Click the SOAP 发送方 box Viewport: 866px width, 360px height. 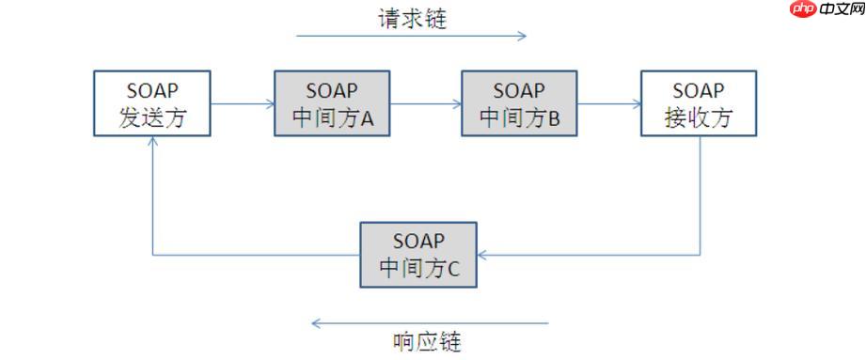pos(151,103)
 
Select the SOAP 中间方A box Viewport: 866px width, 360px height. pos(332,103)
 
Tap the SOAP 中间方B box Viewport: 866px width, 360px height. pos(519,103)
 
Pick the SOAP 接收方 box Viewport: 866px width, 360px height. pos(698,103)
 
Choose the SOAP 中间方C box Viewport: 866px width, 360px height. pos(418,255)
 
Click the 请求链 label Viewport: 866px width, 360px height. pos(412,19)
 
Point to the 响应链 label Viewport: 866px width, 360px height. pos(427,340)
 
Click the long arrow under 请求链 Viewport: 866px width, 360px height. pos(411,37)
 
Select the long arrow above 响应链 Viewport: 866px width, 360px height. pos(430,323)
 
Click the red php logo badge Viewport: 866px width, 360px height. pos(802,10)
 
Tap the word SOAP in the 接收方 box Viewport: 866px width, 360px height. pos(698,90)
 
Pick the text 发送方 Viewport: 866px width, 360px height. pos(151,118)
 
